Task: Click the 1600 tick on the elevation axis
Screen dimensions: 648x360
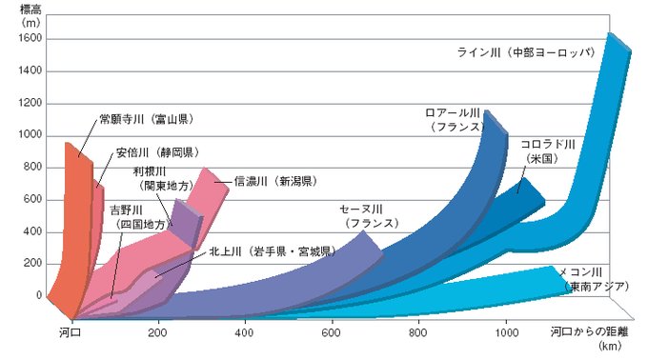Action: coord(30,38)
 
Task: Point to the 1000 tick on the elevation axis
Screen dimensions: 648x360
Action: coord(30,135)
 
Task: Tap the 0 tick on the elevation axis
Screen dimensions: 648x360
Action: coord(39,295)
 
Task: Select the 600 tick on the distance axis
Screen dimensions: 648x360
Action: coord(332,332)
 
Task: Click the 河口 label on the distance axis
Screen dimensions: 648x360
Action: coord(71,332)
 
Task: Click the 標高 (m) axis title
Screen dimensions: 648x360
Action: coord(30,14)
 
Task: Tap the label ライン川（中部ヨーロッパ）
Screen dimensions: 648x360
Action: coord(527,52)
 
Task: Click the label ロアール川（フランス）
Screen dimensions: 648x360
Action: coord(455,120)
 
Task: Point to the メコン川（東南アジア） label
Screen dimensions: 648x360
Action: coord(594,279)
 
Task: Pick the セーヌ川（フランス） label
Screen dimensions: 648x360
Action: coord(369,216)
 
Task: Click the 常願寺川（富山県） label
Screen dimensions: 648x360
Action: coord(147,119)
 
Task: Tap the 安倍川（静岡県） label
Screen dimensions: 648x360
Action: coord(157,152)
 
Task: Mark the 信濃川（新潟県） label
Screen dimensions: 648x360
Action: coord(275,181)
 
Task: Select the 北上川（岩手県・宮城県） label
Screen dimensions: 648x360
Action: coord(273,251)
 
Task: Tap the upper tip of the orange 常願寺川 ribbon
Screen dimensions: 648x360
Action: coord(68,143)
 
